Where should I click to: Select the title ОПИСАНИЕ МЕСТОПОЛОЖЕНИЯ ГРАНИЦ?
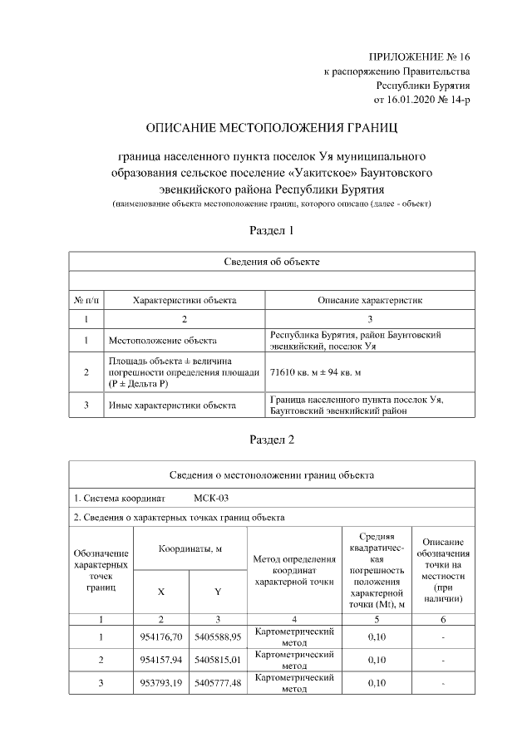(271, 129)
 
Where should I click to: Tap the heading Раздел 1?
(272, 230)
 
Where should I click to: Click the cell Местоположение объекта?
(163, 340)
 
